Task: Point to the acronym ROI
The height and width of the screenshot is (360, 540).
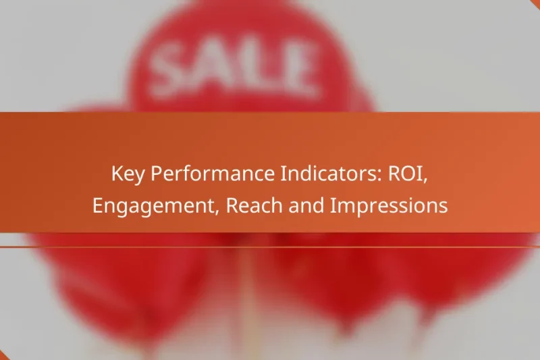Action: (x=406, y=175)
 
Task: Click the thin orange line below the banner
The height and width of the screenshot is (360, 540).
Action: (x=270, y=247)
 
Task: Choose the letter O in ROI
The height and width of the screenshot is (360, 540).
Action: (x=407, y=175)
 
